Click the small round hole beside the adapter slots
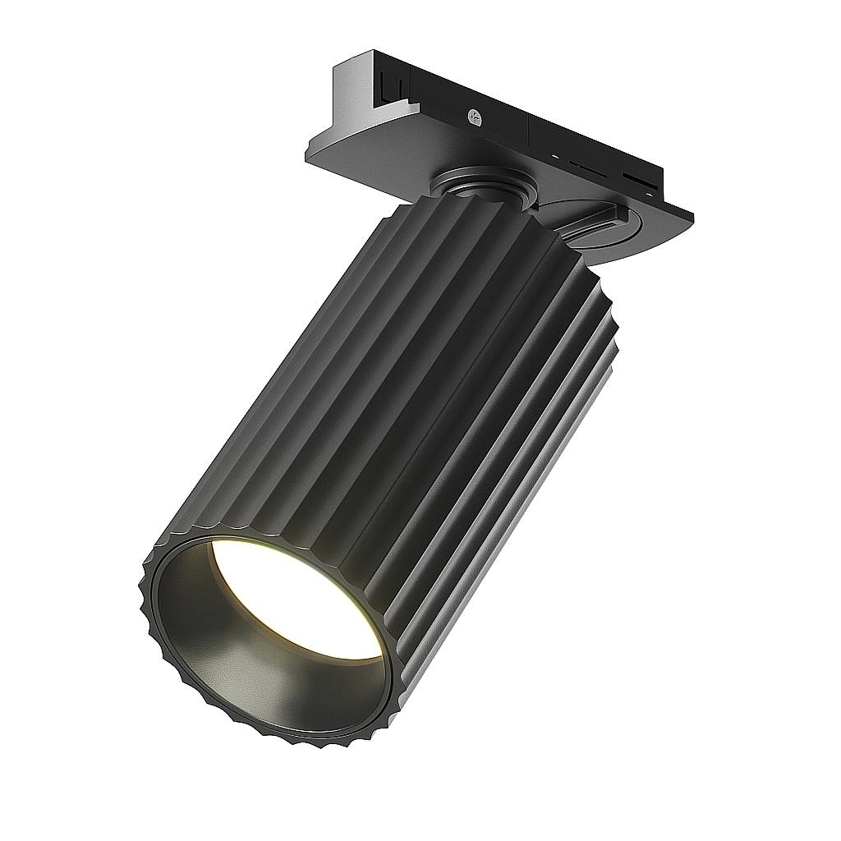[x=555, y=156]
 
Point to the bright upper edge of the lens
[x=271, y=545]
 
